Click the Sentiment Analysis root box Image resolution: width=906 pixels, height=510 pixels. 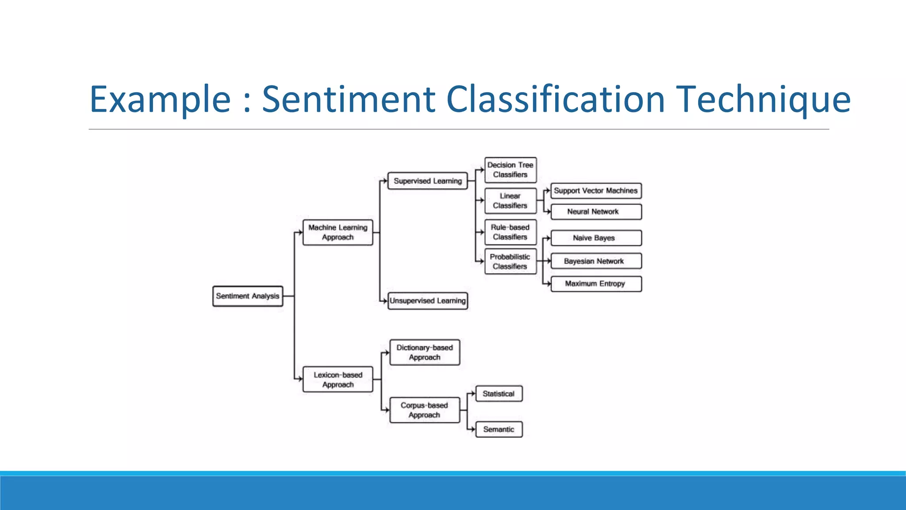(248, 296)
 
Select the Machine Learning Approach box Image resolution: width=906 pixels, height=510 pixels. (338, 232)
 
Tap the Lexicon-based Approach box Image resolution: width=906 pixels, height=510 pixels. (338, 379)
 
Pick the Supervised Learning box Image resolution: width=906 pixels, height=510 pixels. (427, 181)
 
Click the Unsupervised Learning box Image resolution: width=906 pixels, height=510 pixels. (427, 301)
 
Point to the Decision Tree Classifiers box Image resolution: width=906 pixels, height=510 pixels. (511, 170)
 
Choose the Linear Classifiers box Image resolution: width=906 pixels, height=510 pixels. (511, 201)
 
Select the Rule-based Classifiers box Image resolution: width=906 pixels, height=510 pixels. (511, 232)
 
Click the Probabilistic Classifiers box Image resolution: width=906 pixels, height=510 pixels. (511, 262)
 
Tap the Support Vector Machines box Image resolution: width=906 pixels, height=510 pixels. (596, 191)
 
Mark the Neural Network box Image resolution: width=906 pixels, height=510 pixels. (596, 212)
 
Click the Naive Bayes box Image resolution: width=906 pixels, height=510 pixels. (596, 238)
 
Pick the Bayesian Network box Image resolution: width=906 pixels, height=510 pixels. (596, 261)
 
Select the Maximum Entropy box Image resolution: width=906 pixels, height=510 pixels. (596, 284)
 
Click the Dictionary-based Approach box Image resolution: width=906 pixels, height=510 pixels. (425, 352)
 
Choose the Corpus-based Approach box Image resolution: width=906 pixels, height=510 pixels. (425, 410)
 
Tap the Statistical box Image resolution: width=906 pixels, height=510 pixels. (499, 394)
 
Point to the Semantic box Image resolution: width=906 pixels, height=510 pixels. (499, 429)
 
